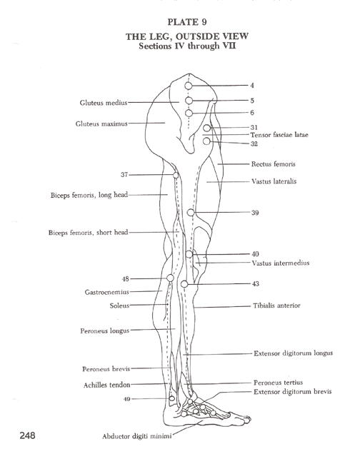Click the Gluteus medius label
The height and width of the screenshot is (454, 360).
[104, 103]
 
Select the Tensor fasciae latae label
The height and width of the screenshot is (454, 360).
[279, 135]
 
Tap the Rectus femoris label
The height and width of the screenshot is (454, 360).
[273, 164]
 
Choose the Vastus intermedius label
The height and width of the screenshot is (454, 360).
[280, 263]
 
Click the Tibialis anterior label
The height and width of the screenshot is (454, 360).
[276, 306]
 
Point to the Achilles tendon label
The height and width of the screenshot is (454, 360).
[106, 385]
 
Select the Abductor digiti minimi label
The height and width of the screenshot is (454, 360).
[137, 436]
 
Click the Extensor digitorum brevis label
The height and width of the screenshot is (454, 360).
[293, 392]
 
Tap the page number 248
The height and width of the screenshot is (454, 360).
[28, 435]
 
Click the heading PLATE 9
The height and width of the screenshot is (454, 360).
[187, 22]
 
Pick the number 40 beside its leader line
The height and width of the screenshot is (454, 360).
[255, 254]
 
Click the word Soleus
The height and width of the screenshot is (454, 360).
[119, 306]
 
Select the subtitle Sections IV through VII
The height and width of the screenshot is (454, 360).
[187, 46]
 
